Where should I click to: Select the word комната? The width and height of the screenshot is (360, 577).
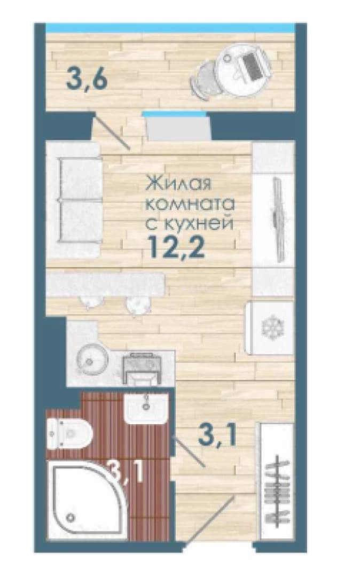[x=191, y=204]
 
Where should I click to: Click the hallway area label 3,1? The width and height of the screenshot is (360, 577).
[x=217, y=436]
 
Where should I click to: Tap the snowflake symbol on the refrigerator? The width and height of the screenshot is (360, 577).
[x=272, y=327]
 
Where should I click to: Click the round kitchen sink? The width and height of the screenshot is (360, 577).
[x=92, y=360]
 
